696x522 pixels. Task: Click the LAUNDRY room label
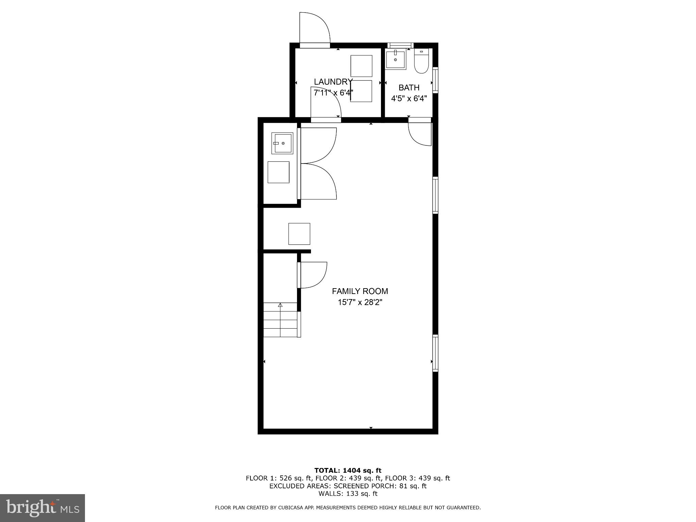(333, 82)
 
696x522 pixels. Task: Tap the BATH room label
(409, 88)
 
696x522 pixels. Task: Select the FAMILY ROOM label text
(360, 291)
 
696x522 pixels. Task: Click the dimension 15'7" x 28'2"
(360, 302)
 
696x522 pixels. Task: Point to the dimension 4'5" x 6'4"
(409, 99)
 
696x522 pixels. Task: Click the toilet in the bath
(421, 62)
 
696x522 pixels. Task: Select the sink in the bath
(396, 60)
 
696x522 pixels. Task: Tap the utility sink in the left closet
(282, 143)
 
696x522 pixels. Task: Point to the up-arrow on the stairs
(280, 305)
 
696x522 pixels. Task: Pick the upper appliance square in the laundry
(361, 66)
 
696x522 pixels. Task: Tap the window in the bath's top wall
(400, 45)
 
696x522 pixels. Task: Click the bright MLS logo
(42, 508)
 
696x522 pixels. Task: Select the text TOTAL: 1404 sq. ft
(348, 470)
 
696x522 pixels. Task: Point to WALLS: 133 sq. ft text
(348, 493)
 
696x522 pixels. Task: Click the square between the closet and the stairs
(299, 234)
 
